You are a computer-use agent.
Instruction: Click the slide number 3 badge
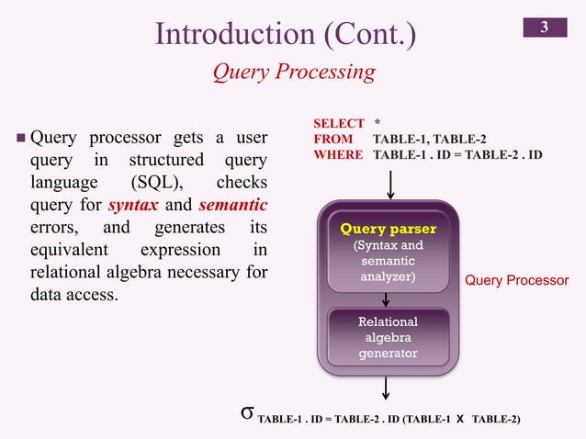[544, 28]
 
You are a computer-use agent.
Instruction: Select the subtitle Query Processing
[293, 72]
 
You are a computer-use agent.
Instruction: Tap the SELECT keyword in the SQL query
[338, 122]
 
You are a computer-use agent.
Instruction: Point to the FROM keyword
[332, 139]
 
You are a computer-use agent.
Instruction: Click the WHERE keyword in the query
[338, 155]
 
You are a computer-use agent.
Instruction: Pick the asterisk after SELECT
[378, 123]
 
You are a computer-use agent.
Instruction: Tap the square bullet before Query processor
[20, 140]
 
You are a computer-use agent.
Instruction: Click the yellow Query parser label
[388, 229]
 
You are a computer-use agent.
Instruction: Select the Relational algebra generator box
[389, 337]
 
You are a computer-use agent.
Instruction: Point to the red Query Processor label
[516, 279]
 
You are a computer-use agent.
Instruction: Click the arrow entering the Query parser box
[391, 183]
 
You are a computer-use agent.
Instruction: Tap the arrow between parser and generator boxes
[388, 299]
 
